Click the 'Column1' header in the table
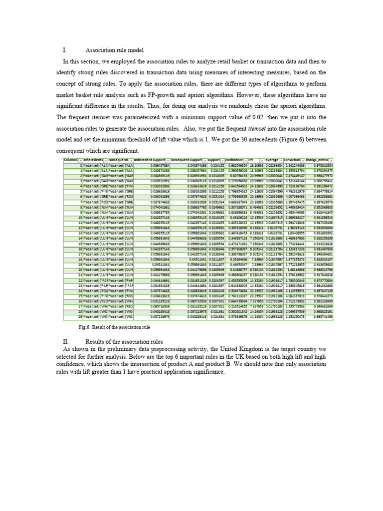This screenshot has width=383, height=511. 71,160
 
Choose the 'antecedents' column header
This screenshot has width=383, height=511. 93,160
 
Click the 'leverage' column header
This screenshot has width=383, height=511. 272,160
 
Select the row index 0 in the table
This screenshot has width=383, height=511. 81,165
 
